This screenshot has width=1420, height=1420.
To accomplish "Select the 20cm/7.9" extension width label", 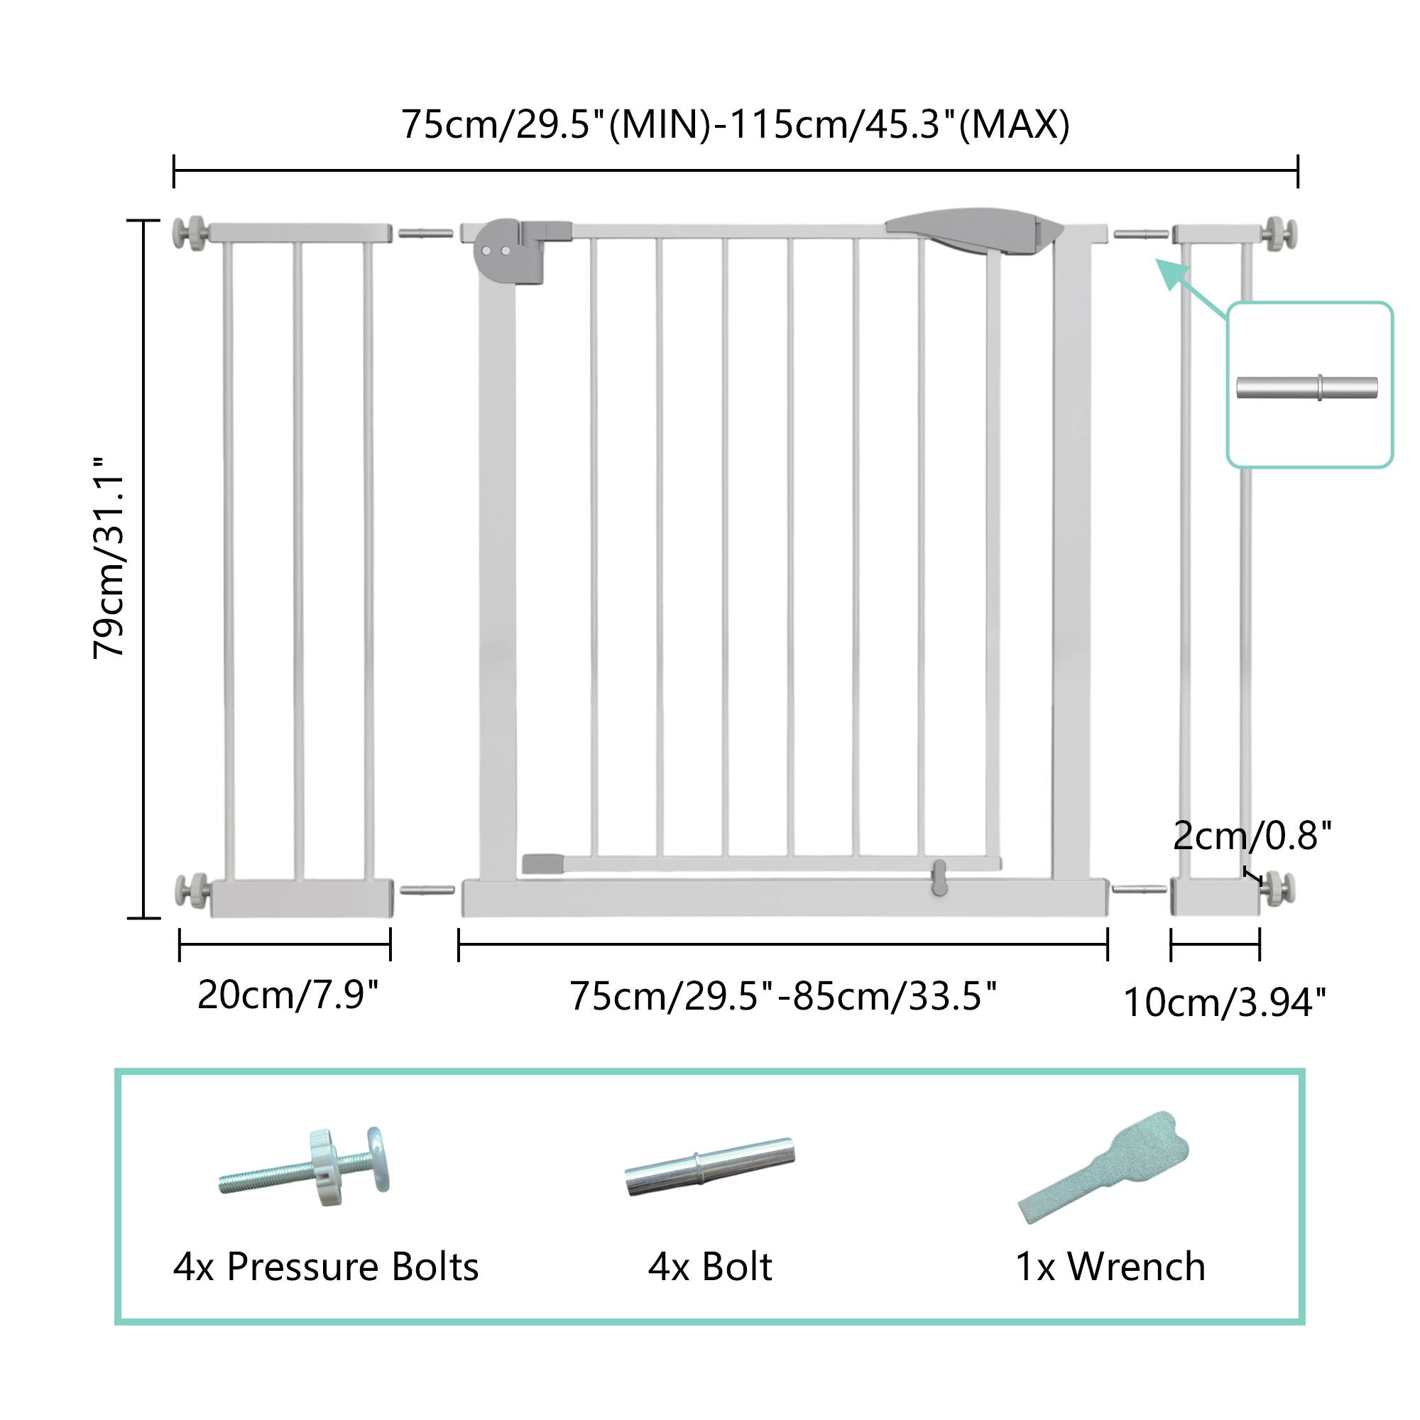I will pyautogui.click(x=288, y=995).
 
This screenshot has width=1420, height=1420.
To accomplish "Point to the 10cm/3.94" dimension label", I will pyautogui.click(x=1225, y=1003).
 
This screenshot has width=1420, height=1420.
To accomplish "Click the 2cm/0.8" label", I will pyautogui.click(x=1252, y=836).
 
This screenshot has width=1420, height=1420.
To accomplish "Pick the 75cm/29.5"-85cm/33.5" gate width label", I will pyautogui.click(x=782, y=997).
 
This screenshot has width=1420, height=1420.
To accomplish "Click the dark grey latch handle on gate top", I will pyautogui.click(x=975, y=230).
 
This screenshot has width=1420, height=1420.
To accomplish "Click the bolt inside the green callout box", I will pyautogui.click(x=1307, y=388).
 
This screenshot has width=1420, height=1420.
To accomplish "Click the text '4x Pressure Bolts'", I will pyautogui.click(x=326, y=1267).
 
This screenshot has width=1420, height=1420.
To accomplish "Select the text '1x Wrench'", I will pyautogui.click(x=1110, y=1267).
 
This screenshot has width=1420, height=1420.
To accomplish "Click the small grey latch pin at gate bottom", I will pyautogui.click(x=939, y=878).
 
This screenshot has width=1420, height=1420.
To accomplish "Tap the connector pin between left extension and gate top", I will pyautogui.click(x=425, y=233).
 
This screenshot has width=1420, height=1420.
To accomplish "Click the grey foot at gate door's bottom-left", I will pyautogui.click(x=542, y=863).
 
